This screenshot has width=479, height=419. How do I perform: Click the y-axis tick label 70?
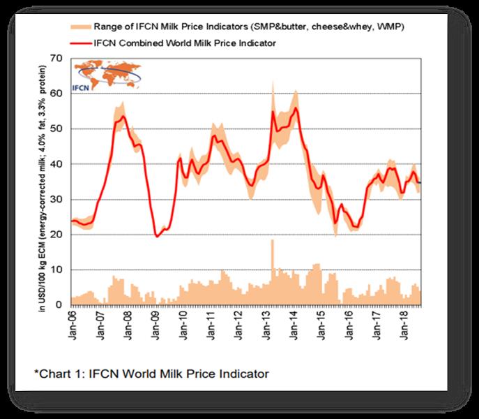click(x=59, y=57)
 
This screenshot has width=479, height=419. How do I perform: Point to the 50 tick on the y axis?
click(x=59, y=128)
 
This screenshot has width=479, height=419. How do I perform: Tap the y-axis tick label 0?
click(x=62, y=305)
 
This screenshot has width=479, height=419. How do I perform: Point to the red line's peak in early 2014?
click(x=296, y=108)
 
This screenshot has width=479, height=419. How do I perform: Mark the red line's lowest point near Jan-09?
click(x=157, y=237)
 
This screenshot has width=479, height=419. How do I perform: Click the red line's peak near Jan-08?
click(x=123, y=117)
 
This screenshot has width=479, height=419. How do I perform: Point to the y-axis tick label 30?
click(x=59, y=199)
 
